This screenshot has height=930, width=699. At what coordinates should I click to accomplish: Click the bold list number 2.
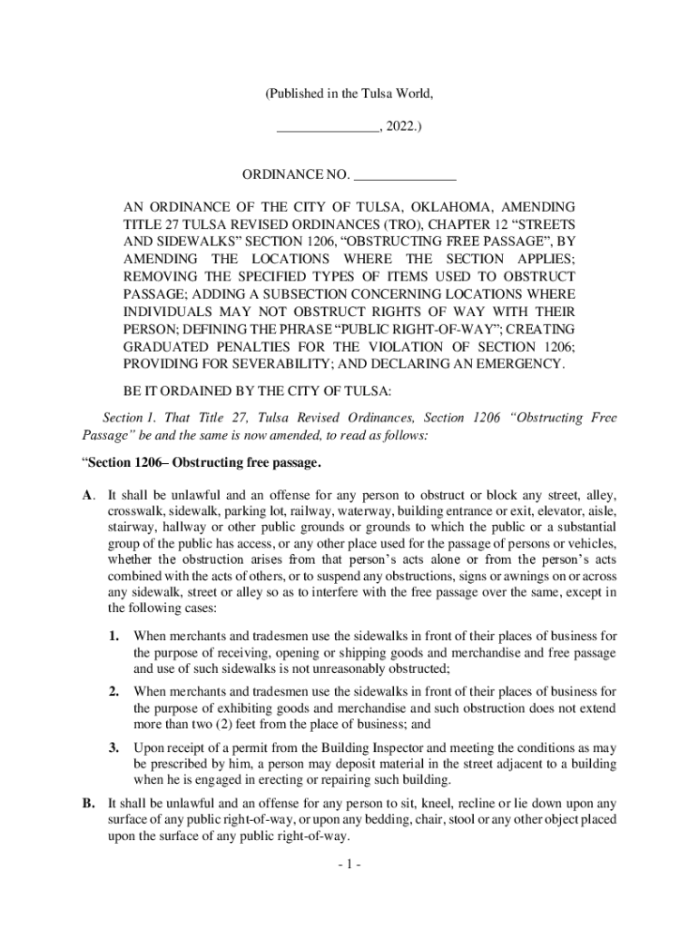[114, 692]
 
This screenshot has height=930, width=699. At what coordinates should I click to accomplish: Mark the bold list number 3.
[114, 747]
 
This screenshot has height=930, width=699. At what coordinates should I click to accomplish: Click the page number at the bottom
[349, 866]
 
